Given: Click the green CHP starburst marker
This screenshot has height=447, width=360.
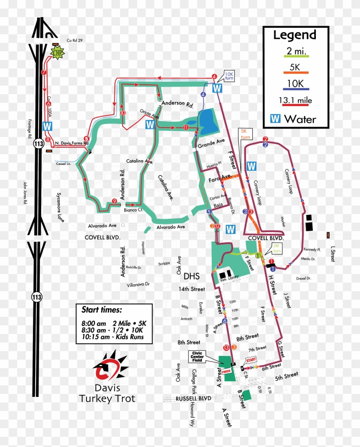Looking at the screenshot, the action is pyautogui.click(x=57, y=52).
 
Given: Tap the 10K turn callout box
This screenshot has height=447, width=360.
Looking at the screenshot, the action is pyautogui.click(x=229, y=76).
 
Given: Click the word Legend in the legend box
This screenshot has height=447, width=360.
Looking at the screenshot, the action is pyautogui.click(x=294, y=35).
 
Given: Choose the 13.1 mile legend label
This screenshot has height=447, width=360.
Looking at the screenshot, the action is pyautogui.click(x=294, y=100).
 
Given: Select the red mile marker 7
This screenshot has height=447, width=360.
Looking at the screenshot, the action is pyautogui.click(x=43, y=73).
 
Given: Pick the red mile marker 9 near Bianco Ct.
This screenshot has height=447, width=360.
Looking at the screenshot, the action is pyautogui.click(x=114, y=201).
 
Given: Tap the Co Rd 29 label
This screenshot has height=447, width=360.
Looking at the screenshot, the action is pyautogui.click(x=74, y=41).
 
